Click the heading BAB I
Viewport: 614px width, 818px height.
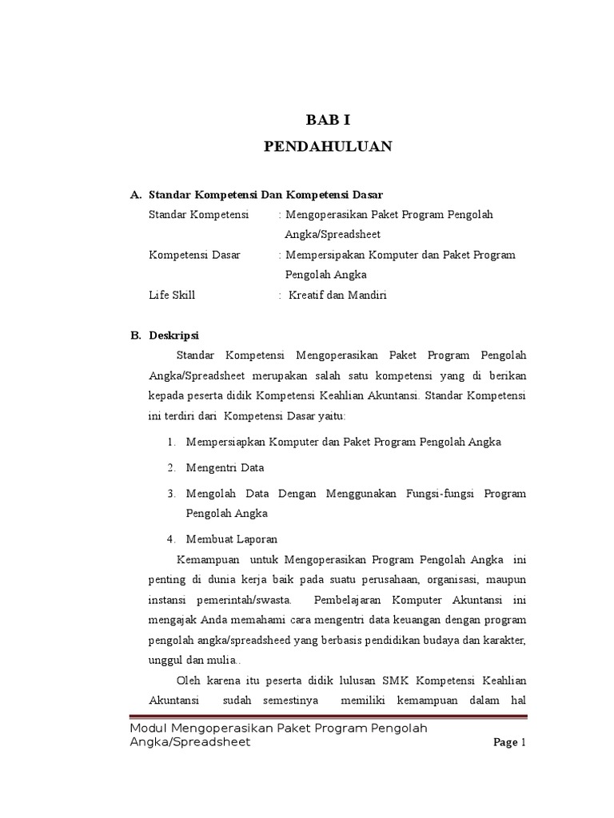[x=329, y=121]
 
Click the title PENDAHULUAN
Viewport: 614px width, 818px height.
[x=328, y=147]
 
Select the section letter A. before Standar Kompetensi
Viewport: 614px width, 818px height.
[x=136, y=195]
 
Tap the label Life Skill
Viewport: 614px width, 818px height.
[x=172, y=295]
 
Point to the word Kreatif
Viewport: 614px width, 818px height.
[x=307, y=295]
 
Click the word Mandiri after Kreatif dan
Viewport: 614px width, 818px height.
[x=368, y=295]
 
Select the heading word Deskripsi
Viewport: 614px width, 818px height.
[x=174, y=336]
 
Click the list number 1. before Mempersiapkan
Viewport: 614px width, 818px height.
[x=173, y=442]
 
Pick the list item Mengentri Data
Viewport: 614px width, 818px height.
[x=225, y=467]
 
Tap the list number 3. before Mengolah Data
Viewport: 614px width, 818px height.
[x=173, y=494]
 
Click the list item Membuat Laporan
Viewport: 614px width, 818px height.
[x=232, y=539]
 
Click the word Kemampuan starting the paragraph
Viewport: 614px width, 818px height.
[x=208, y=558]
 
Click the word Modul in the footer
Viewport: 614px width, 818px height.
[x=151, y=729]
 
